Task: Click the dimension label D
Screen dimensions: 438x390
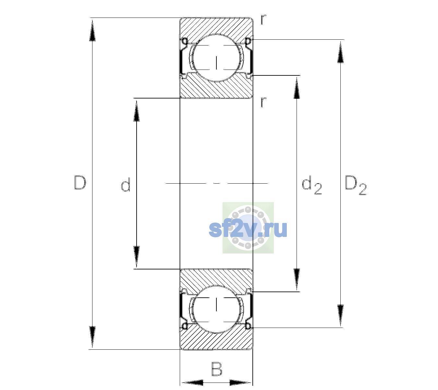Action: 80,183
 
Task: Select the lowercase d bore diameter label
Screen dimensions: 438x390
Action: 126,185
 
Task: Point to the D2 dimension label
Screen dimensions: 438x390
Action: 356,185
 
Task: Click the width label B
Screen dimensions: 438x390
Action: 217,369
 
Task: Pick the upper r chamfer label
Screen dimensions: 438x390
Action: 263,19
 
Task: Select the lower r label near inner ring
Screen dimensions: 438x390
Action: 263,102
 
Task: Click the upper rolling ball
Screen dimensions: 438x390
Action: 216,58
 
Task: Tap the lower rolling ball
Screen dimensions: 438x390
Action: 216,309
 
